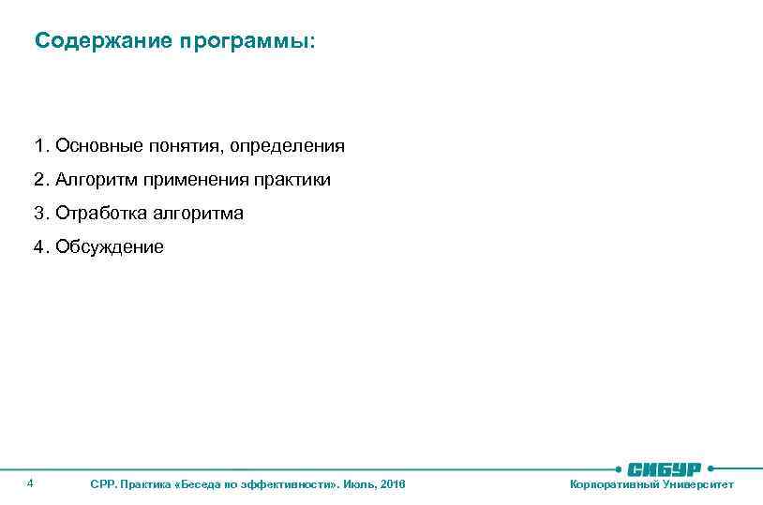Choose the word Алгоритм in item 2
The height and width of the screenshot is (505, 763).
pyautogui.click(x=95, y=180)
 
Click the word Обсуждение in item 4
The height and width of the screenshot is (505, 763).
pyautogui.click(x=109, y=247)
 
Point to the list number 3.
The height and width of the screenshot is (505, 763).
pyautogui.click(x=40, y=214)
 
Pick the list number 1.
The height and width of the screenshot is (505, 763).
pyautogui.click(x=40, y=146)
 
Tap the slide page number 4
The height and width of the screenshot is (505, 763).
pyautogui.click(x=31, y=483)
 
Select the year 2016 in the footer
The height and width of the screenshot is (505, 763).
pyautogui.click(x=394, y=484)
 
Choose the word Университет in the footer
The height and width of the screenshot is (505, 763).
pyautogui.click(x=697, y=484)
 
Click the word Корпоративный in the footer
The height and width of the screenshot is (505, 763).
pyautogui.click(x=614, y=484)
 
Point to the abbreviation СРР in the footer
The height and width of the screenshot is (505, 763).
pyautogui.click(x=101, y=484)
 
